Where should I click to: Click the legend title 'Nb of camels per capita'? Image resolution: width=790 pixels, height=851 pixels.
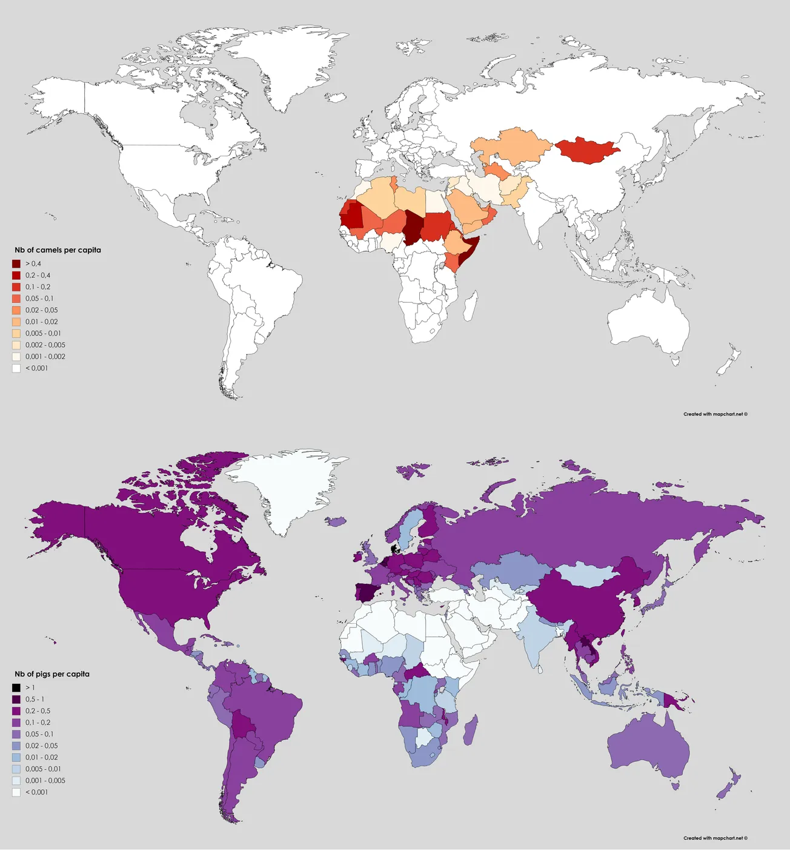tap(58, 250)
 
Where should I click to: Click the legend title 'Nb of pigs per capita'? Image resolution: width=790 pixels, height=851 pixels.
tap(52, 674)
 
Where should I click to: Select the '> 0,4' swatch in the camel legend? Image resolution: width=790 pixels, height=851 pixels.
tap(16, 263)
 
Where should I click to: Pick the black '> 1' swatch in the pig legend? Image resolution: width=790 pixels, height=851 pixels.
tap(16, 687)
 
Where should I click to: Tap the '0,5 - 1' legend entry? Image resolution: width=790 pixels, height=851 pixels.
tap(35, 699)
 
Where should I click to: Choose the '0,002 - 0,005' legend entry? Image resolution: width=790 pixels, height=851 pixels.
tap(45, 345)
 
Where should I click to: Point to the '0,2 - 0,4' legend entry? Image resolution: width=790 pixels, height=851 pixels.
tap(38, 275)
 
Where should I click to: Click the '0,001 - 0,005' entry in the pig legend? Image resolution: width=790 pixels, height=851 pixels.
tap(45, 781)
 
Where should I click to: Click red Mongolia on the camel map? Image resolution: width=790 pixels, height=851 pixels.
tap(586, 150)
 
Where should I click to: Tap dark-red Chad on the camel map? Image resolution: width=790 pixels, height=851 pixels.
tap(414, 227)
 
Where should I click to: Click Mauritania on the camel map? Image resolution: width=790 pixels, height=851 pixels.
tap(351, 216)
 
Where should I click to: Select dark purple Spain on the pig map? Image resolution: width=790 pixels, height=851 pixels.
tap(365, 592)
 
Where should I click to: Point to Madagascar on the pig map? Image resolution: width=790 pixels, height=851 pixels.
tap(468, 730)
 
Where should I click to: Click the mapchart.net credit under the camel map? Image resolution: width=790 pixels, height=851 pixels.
tap(715, 414)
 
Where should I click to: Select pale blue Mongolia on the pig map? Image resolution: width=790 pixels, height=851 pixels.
tap(586, 574)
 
